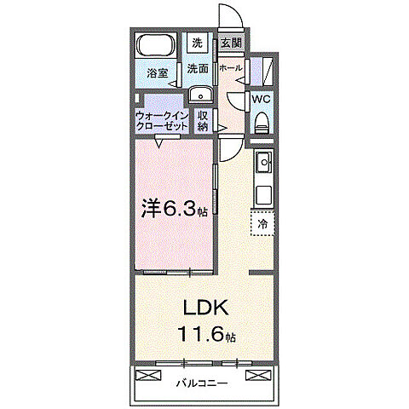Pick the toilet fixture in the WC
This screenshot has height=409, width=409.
coord(262,121)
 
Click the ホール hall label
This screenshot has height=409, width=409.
coord(230,67)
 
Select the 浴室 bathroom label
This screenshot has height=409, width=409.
coord(157,73)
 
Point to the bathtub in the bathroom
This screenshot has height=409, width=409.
coord(156,48)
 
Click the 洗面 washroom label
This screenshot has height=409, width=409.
coord(198,69)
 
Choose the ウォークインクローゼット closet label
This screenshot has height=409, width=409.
coord(163,120)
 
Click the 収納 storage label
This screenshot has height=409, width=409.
coord(203,120)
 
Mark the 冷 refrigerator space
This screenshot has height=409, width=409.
coord(262,223)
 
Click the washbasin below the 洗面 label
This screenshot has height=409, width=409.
coord(199,95)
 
